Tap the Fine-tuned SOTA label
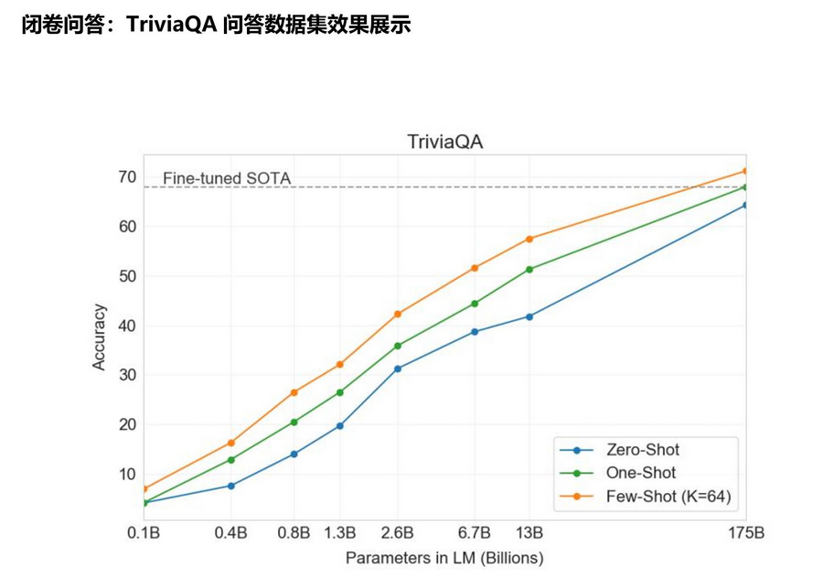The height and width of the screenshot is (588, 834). pos(227,178)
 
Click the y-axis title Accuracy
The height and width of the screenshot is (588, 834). pos(100,337)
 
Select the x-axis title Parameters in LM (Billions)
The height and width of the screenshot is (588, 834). pos(444,557)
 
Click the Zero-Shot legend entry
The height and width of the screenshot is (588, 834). pos(642,449)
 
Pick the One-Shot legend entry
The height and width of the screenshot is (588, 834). pos(640,473)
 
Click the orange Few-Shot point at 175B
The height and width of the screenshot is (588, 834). pos(745,171)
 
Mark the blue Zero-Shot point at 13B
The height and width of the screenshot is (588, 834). pos(529,316)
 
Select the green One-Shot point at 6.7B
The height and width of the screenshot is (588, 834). pos(475,304)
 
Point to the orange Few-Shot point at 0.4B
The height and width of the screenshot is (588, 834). pos(231,443)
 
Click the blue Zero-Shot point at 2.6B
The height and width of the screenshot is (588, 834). pos(397,369)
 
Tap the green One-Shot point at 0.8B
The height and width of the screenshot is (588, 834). pos(294,422)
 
